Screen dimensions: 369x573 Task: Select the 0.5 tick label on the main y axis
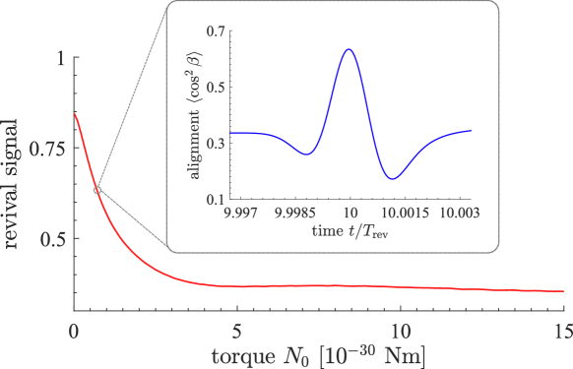click(51, 238)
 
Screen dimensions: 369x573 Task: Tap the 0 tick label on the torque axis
click(74, 330)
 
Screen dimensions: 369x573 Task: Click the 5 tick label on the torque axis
click(236, 330)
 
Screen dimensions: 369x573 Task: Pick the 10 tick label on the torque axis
click(399, 330)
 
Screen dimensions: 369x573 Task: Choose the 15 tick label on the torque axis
click(561, 330)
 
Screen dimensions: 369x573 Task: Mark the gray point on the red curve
click(96, 190)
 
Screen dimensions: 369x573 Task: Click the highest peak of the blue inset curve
click(348, 49)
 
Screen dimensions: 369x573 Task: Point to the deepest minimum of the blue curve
click(393, 179)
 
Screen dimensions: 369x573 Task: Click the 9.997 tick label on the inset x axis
click(242, 213)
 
